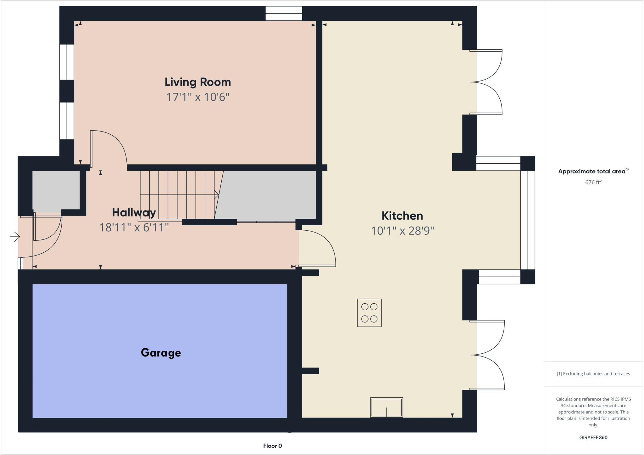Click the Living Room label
point(198,82)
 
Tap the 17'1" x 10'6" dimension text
point(198,97)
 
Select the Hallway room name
point(134,213)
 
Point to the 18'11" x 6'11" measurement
point(134,227)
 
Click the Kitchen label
point(402,216)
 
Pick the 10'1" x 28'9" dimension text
point(402,231)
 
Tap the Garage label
point(161,353)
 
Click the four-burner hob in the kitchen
point(369,313)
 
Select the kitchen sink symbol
point(386,408)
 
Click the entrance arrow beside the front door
point(15,237)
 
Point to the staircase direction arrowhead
point(216,195)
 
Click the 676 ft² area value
point(593,182)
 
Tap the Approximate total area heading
point(593,171)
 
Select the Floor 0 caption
point(272,446)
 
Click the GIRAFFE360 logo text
point(593,437)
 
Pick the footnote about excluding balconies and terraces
point(593,374)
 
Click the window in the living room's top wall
point(284,14)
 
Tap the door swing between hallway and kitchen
point(318,249)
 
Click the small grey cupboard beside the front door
point(56,190)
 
